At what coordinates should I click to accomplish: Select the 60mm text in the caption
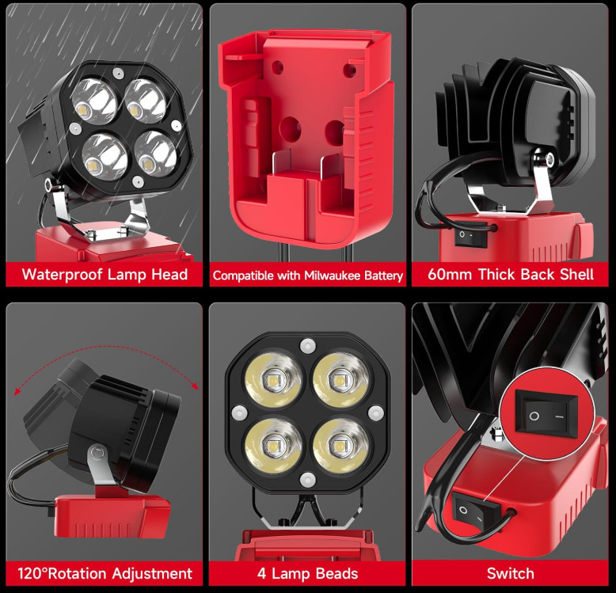tap(449, 275)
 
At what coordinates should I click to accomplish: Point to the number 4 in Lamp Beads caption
tap(261, 573)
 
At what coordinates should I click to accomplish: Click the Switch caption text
tap(510, 573)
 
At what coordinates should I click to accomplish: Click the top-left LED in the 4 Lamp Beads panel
tap(273, 379)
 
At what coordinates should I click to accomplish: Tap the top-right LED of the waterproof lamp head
tap(143, 101)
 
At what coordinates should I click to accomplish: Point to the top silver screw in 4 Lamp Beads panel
tap(306, 345)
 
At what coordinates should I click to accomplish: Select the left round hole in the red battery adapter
tap(291, 127)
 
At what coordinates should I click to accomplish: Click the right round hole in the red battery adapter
tap(336, 127)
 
